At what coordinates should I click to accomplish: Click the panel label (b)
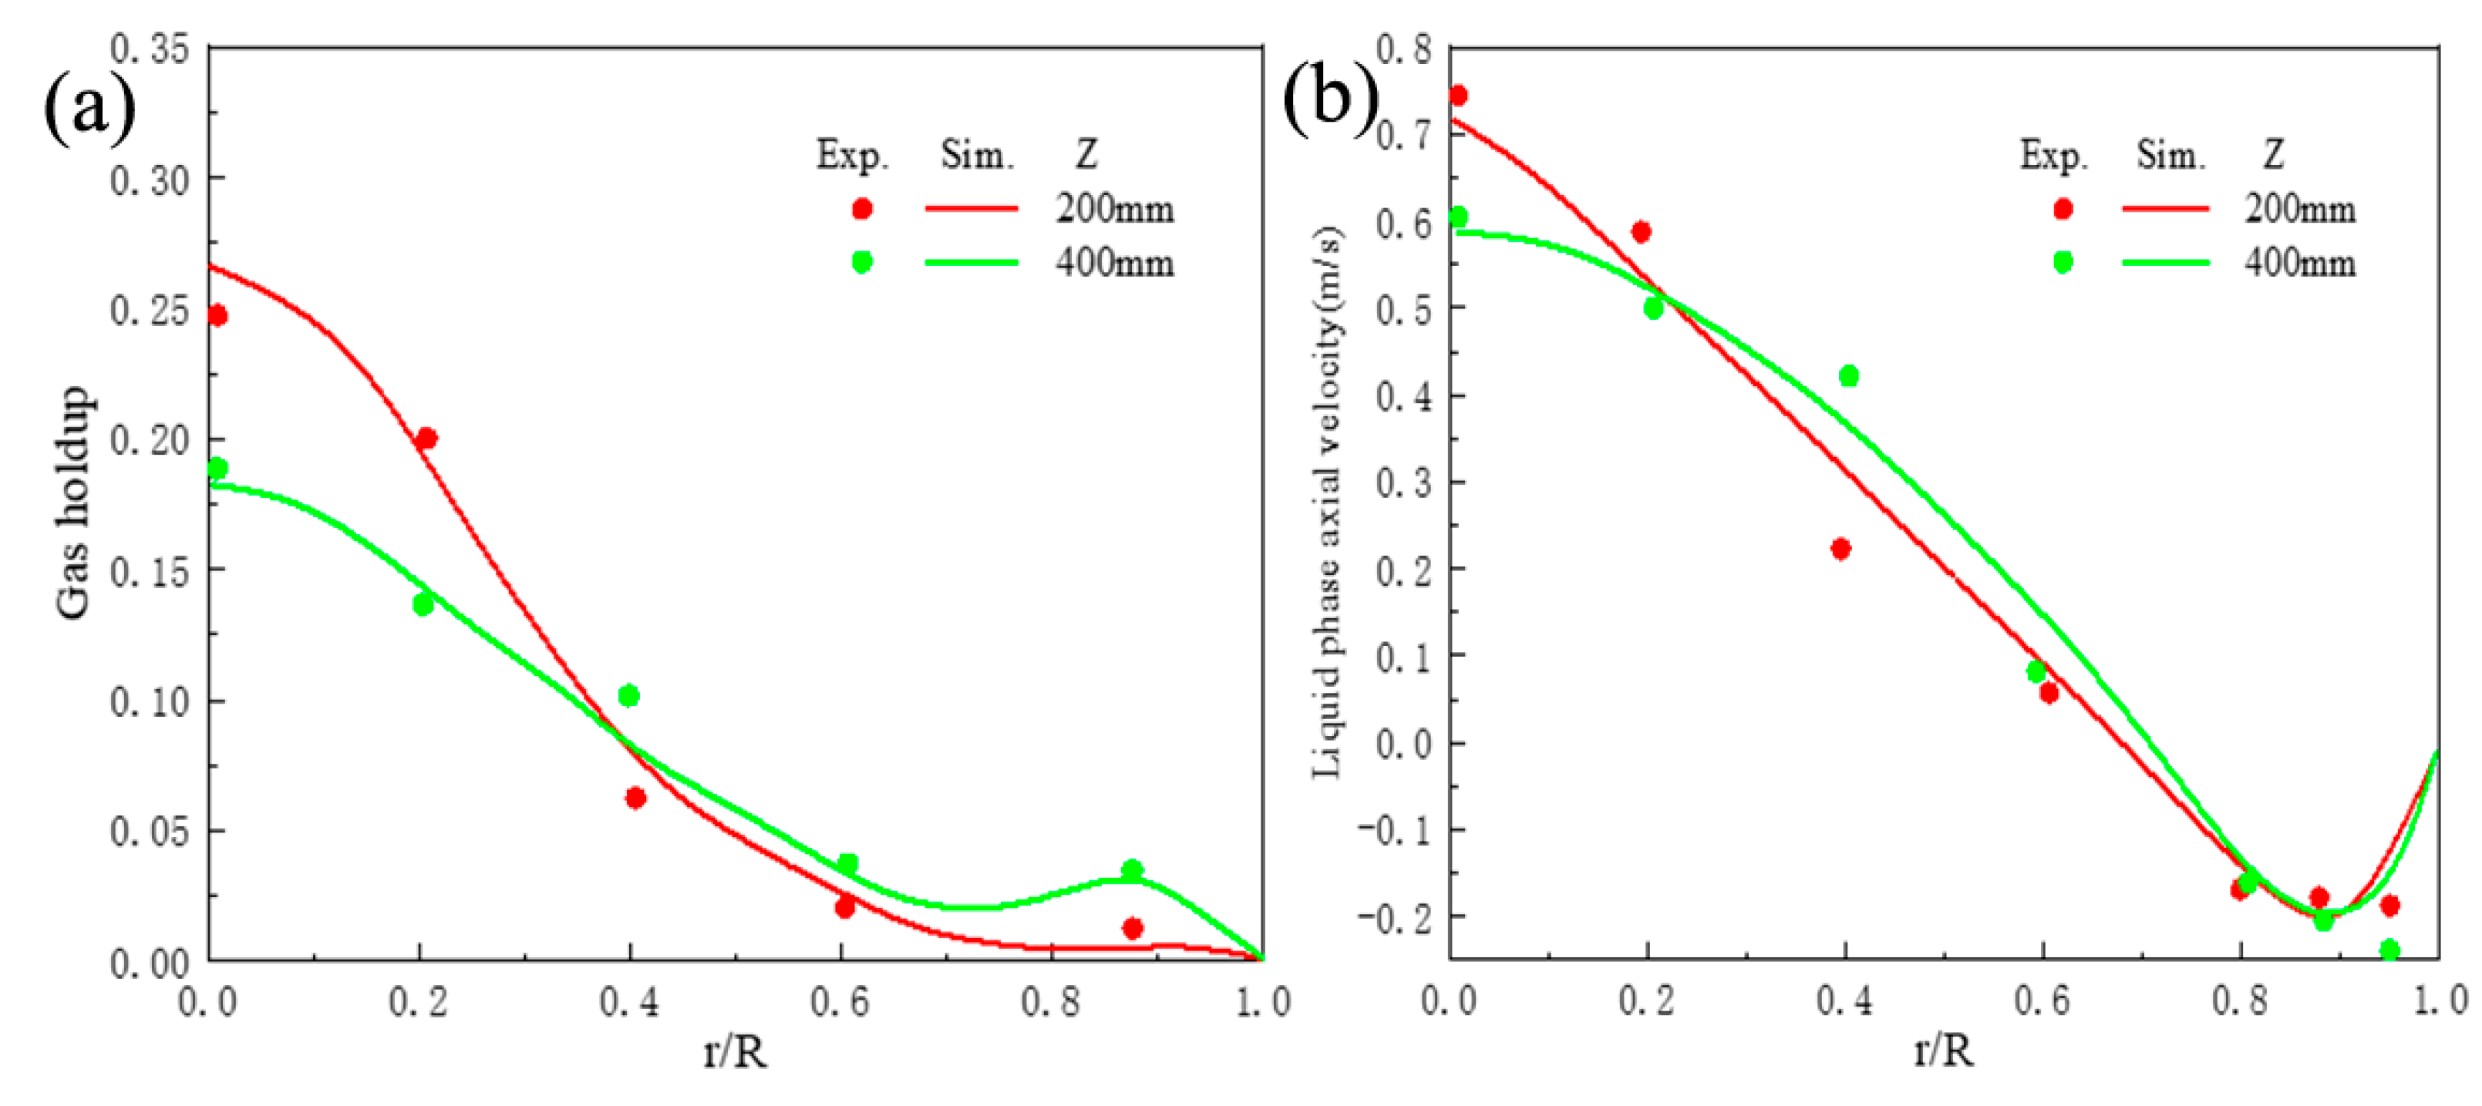pos(1329,99)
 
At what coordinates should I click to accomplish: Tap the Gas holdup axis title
pos(73,503)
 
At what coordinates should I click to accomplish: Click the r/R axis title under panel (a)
pos(735,1051)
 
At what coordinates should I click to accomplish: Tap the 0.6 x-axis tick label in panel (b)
pos(2042,1000)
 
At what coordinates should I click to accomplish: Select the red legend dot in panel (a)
pos(862,209)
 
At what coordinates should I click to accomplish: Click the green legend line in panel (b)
pos(2165,262)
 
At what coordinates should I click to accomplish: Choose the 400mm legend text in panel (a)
pos(1115,262)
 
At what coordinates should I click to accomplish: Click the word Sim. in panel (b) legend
pos(2170,155)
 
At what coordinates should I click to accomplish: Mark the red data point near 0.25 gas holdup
pos(217,316)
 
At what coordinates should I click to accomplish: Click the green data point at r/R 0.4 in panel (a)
pos(628,695)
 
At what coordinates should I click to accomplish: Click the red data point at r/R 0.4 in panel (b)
pos(1840,549)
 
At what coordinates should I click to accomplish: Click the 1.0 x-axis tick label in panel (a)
pos(1263,1002)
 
